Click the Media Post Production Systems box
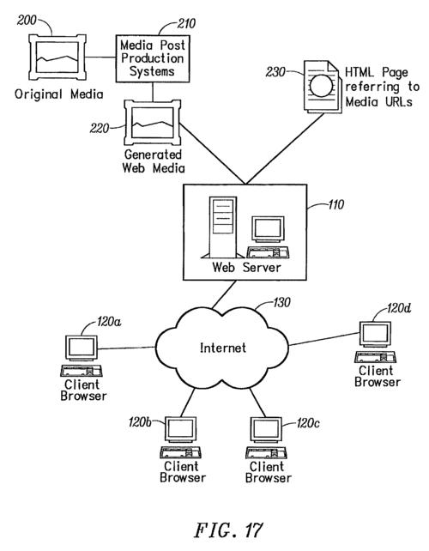(153, 58)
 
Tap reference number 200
(27, 20)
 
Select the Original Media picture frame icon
(57, 57)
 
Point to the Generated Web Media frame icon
(153, 122)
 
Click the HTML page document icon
(323, 87)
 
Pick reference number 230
(275, 72)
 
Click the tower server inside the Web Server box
(223, 227)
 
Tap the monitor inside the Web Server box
(268, 229)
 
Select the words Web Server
(246, 268)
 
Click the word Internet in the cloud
(223, 348)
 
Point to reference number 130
(281, 302)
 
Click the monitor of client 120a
(82, 348)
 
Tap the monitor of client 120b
(180, 430)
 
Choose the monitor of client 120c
(266, 430)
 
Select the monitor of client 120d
(375, 335)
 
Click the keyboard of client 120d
(375, 357)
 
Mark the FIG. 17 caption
(229, 530)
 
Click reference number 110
(335, 204)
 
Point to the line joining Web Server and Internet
(224, 295)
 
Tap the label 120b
(140, 422)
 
